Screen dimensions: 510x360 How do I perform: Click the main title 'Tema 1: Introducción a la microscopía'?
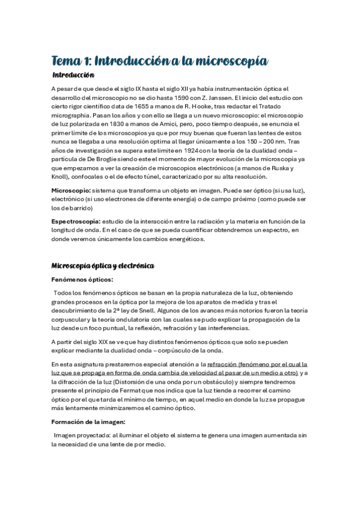159,61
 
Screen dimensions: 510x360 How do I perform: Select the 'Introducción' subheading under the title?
74,76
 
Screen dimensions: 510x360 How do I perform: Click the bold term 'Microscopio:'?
72,190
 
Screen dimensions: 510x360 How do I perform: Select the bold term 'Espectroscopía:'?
76,221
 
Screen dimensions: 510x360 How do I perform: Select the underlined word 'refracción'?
222,364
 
